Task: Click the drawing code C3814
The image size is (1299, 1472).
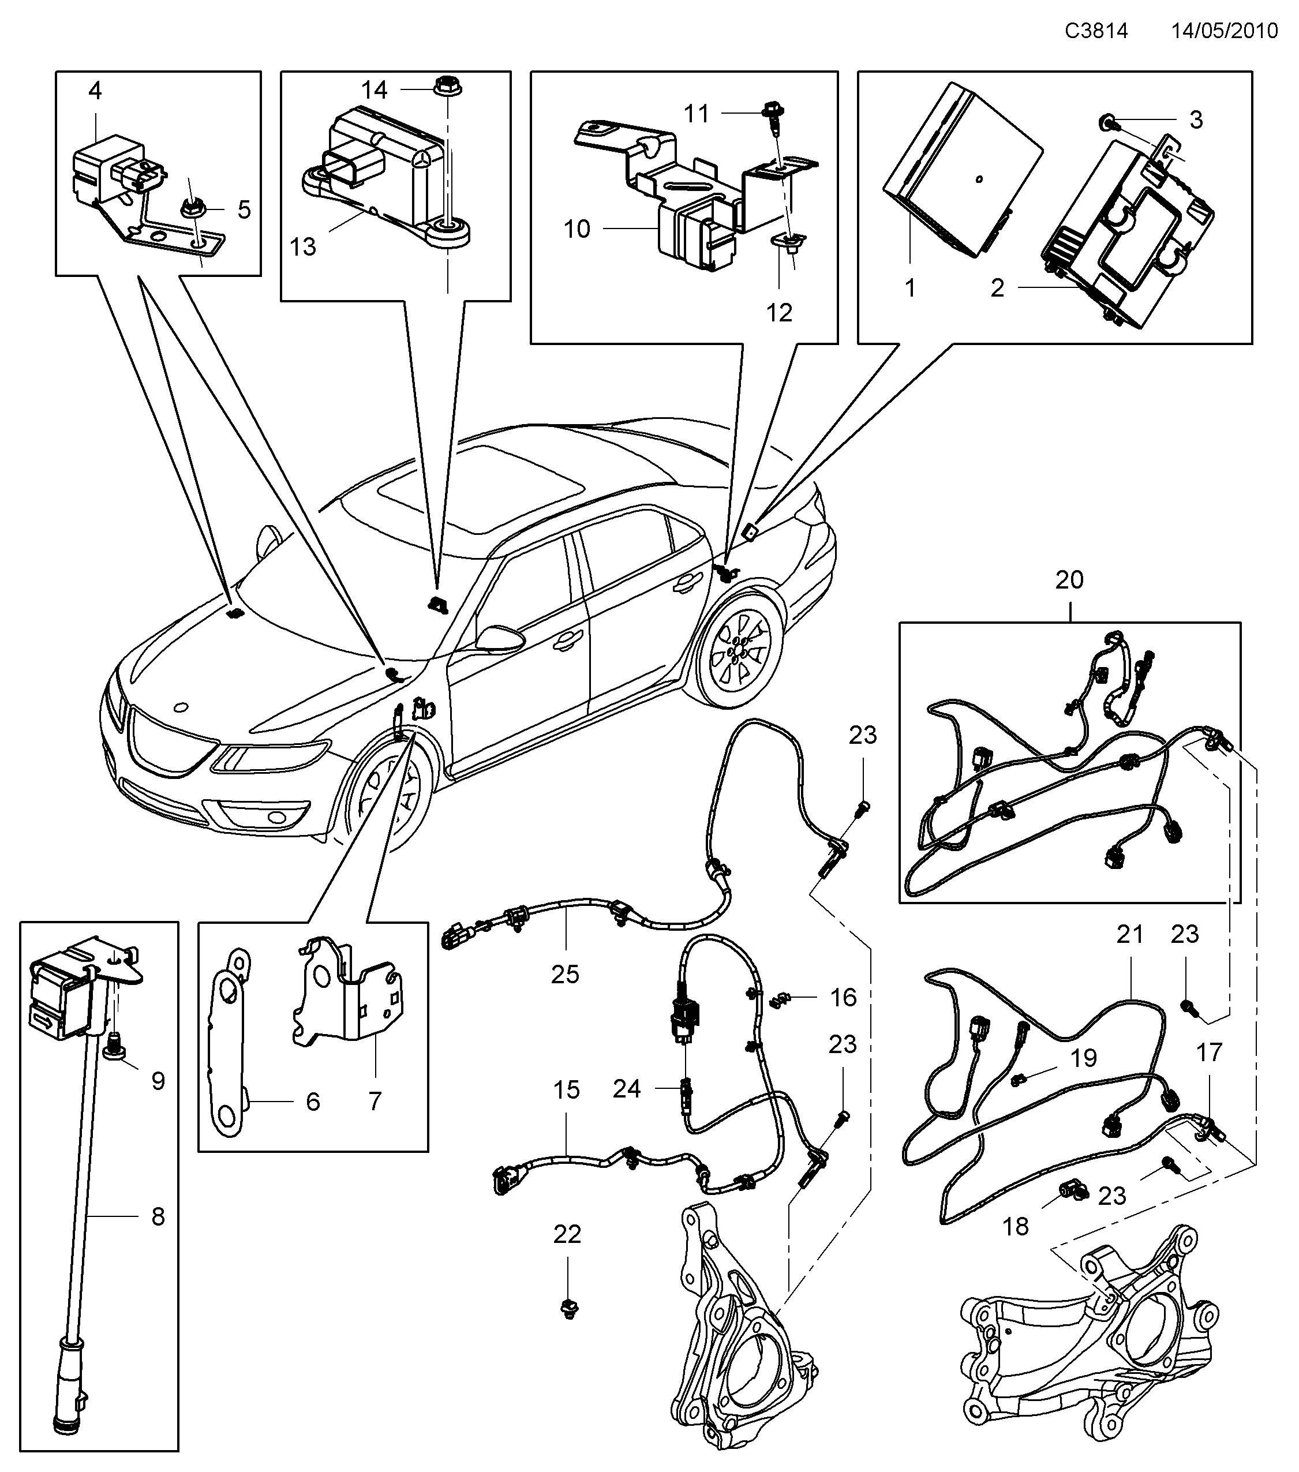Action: [x=1096, y=31]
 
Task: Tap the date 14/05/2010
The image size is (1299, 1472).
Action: [x=1224, y=31]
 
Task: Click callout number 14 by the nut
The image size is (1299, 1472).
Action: [x=375, y=90]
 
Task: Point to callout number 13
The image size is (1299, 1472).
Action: [x=302, y=246]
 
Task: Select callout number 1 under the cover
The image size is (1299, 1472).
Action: [x=910, y=288]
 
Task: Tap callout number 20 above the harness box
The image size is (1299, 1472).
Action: [x=1069, y=580]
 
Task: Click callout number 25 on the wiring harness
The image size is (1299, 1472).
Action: [x=566, y=975]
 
